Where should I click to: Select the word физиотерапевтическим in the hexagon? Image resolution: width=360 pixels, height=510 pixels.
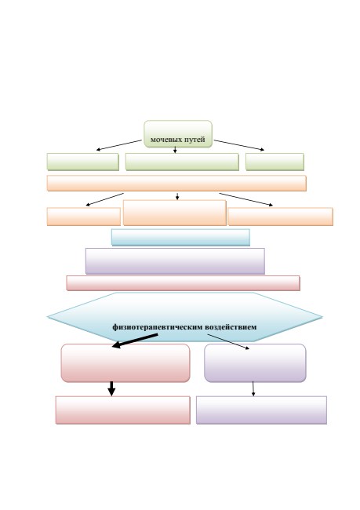tap(158, 327)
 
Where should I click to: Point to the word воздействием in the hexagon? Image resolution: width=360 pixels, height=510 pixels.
tap(231, 326)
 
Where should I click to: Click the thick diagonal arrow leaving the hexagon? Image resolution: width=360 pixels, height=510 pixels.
tap(135, 341)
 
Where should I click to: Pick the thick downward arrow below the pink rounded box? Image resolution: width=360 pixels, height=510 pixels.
tap(111, 388)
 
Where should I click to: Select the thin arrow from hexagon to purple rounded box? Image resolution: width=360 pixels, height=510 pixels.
tap(228, 341)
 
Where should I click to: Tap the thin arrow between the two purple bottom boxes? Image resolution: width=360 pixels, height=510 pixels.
tap(253, 388)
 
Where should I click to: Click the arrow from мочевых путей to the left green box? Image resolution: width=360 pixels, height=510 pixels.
tap(119, 145)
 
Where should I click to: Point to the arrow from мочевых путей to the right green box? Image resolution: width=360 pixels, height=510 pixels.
tap(239, 145)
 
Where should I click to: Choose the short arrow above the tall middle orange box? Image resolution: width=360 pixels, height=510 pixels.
tap(177, 196)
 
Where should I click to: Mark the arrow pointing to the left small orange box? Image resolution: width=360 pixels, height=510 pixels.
tap(105, 199)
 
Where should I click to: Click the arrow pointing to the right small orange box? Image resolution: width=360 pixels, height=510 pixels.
tap(245, 199)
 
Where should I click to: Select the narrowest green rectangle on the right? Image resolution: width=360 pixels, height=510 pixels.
tap(275, 162)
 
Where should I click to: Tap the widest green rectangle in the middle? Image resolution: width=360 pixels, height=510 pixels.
tap(182, 162)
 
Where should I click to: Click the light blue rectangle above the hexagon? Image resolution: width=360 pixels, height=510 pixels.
tap(180, 237)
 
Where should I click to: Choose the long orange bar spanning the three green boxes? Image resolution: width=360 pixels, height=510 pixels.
tap(176, 183)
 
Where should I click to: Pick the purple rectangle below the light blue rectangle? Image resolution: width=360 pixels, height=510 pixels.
tap(175, 260)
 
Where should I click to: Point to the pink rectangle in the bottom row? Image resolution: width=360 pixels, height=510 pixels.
tap(123, 410)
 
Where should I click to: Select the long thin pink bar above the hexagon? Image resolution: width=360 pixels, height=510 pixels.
tap(183, 283)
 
